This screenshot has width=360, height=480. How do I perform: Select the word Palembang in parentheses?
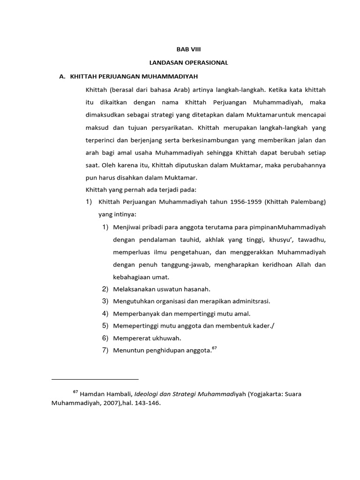[x=307, y=202]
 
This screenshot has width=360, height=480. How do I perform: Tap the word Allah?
[x=298, y=265]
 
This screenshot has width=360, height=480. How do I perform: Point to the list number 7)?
[x=105, y=350]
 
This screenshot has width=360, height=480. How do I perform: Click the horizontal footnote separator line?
[x=95, y=378]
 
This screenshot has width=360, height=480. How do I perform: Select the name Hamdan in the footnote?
[x=92, y=394]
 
